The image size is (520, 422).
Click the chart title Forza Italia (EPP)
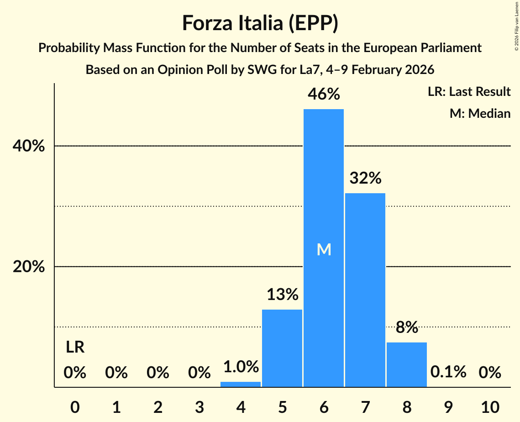click(x=260, y=23)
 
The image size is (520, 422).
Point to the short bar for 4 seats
click(x=241, y=385)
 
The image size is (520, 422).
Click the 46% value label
click(x=324, y=94)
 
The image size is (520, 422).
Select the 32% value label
click(x=365, y=178)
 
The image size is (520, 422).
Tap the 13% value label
click(x=282, y=295)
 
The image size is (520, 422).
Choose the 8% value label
click(x=407, y=327)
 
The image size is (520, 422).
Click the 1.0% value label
click(x=241, y=367)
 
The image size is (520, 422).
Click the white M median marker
click(x=324, y=249)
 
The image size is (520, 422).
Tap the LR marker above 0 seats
click(x=75, y=348)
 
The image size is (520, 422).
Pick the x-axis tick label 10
click(x=490, y=406)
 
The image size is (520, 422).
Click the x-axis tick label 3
click(x=199, y=406)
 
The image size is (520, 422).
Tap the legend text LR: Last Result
click(x=469, y=92)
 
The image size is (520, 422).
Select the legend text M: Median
click(x=480, y=113)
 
